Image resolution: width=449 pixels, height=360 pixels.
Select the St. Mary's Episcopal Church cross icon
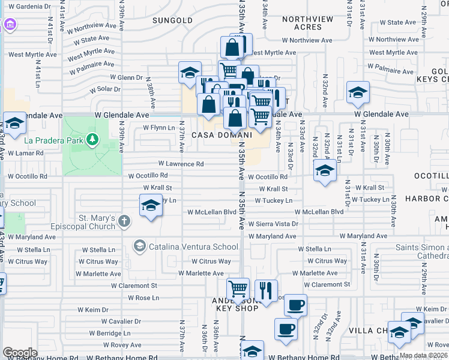click(124, 221)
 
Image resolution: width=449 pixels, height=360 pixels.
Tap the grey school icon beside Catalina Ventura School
click(139, 246)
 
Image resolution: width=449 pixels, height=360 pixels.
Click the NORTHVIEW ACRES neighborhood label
click(307, 23)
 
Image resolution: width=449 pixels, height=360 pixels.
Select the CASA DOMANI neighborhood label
click(215, 136)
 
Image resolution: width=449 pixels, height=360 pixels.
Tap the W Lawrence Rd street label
click(181, 164)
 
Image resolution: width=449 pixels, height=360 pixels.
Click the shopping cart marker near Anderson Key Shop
click(238, 289)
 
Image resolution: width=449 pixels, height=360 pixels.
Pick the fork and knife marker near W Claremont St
click(266, 290)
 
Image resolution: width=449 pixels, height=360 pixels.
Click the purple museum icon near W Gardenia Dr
click(10, 25)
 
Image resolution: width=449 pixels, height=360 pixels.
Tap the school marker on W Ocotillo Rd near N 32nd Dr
click(325, 170)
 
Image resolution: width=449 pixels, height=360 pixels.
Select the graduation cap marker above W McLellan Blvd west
click(151, 206)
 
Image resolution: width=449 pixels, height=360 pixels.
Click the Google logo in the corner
click(20, 353)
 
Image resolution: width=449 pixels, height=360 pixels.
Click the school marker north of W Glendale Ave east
click(358, 92)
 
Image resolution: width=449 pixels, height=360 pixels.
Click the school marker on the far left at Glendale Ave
click(14, 123)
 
